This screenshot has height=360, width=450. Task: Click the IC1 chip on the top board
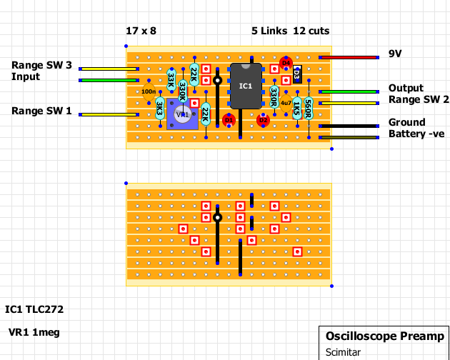click(245, 86)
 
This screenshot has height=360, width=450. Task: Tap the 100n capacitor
click(149, 91)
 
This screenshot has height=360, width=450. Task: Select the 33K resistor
click(171, 79)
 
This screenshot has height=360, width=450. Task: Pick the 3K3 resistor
click(160, 109)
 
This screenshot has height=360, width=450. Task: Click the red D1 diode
click(229, 120)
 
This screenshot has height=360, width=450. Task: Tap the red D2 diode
click(263, 120)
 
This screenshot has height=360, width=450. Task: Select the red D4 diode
click(286, 63)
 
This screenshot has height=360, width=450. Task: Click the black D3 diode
click(297, 74)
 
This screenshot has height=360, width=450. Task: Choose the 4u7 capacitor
click(286, 103)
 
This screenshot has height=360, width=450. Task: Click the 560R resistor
click(308, 109)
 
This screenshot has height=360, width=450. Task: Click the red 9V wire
click(349, 57)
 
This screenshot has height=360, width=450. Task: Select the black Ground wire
click(349, 126)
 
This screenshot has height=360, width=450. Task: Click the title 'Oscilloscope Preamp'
click(384, 336)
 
